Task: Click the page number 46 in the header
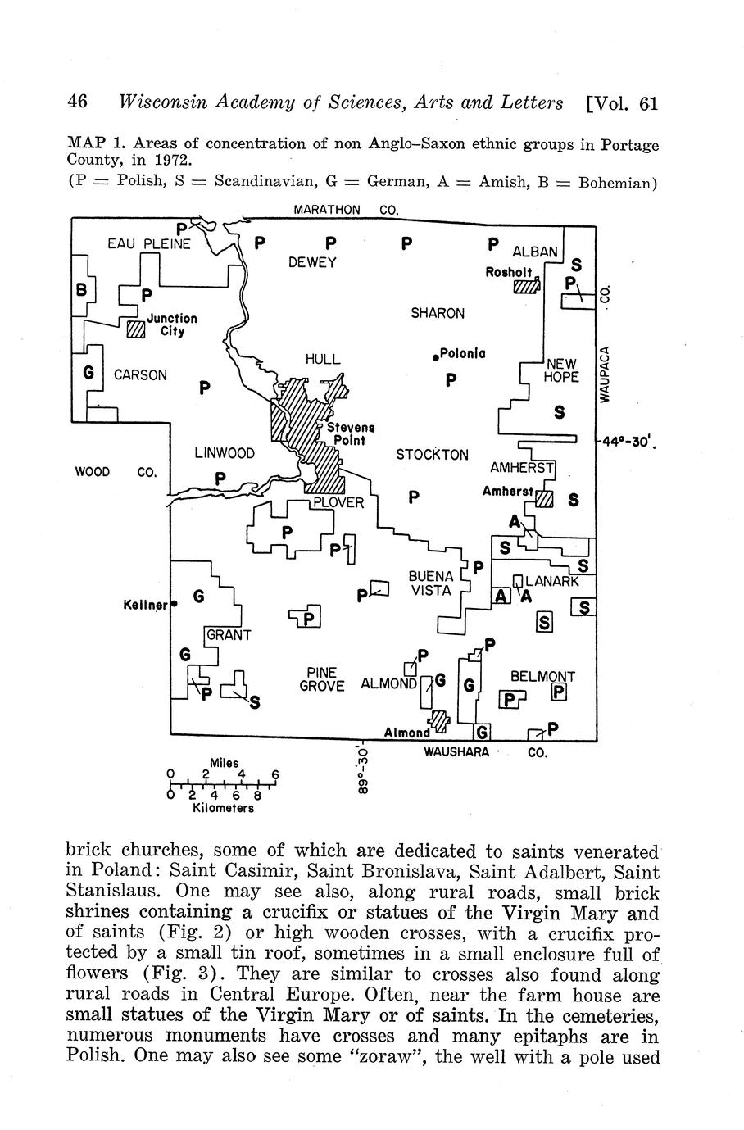[x=77, y=102]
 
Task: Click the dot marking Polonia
[x=435, y=357]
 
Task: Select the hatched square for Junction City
[x=136, y=329]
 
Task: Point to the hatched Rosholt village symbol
[x=527, y=285]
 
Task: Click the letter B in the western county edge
[x=81, y=290]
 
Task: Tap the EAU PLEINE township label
[x=149, y=244]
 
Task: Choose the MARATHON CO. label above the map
[x=346, y=210]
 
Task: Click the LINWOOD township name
[x=225, y=453]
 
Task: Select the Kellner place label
[x=145, y=605]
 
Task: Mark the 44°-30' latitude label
[x=628, y=442]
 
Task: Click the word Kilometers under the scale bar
[x=223, y=808]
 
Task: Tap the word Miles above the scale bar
[x=224, y=763]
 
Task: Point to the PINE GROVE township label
[x=322, y=679]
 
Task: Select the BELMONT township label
[x=542, y=676]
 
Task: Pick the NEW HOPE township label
[x=561, y=370]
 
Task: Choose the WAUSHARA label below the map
[x=456, y=752]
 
